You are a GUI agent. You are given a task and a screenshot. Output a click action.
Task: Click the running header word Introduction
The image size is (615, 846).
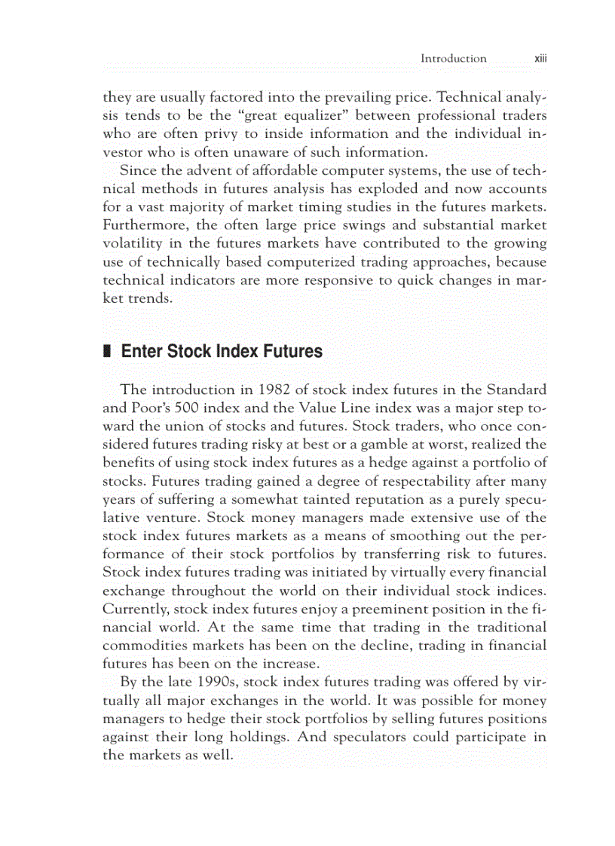(453, 58)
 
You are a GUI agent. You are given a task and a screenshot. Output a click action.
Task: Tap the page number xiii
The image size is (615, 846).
(540, 58)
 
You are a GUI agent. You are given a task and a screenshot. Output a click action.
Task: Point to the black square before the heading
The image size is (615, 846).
(106, 352)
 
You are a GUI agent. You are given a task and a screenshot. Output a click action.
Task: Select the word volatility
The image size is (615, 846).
(134, 243)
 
